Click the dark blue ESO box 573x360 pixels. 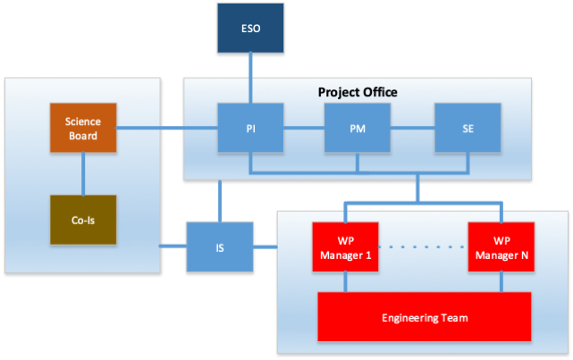coord(250,29)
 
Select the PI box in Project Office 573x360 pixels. coord(250,129)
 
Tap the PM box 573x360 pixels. coord(357,129)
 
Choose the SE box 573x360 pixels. coord(468,129)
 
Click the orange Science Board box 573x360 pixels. coord(83,129)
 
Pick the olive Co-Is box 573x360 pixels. coord(83,220)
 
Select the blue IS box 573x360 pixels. coord(220,246)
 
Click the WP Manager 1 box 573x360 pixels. coord(346,245)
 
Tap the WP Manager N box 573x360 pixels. coord(501,245)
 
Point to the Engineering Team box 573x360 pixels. coord(425,317)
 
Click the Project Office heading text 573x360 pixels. coord(358,92)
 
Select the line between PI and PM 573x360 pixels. coord(303,129)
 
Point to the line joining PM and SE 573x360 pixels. coord(412,129)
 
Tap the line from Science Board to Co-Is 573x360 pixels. coord(83,173)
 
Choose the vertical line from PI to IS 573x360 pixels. coord(220,201)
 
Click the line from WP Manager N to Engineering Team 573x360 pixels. coord(501,280)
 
